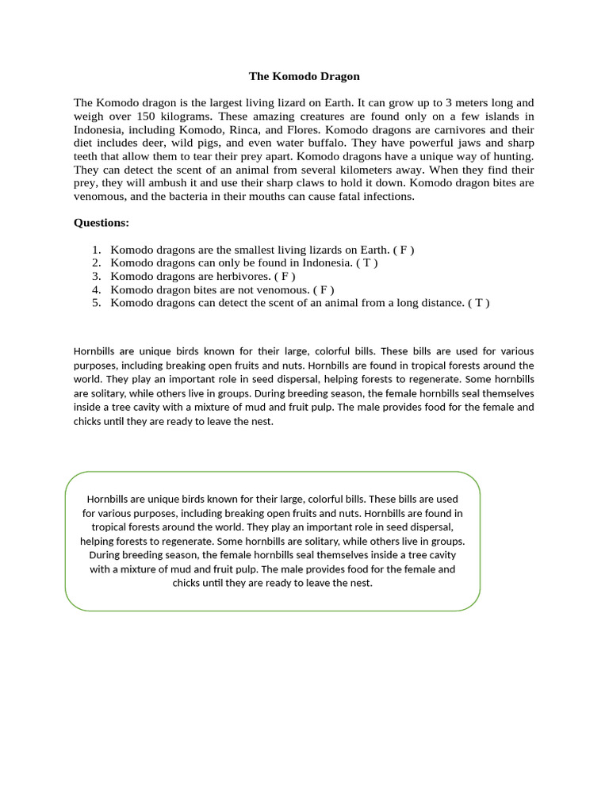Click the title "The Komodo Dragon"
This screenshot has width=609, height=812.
pos(304,76)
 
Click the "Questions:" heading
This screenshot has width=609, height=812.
pos(101,223)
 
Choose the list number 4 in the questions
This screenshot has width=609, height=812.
pos(96,289)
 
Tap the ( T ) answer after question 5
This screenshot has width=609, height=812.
pos(479,303)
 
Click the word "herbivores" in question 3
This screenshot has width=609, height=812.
pos(243,276)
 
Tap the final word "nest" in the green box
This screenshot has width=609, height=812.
pos(359,583)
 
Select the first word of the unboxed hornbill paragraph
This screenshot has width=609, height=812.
pos(95,351)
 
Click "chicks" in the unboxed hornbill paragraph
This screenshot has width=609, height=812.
pos(89,421)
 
